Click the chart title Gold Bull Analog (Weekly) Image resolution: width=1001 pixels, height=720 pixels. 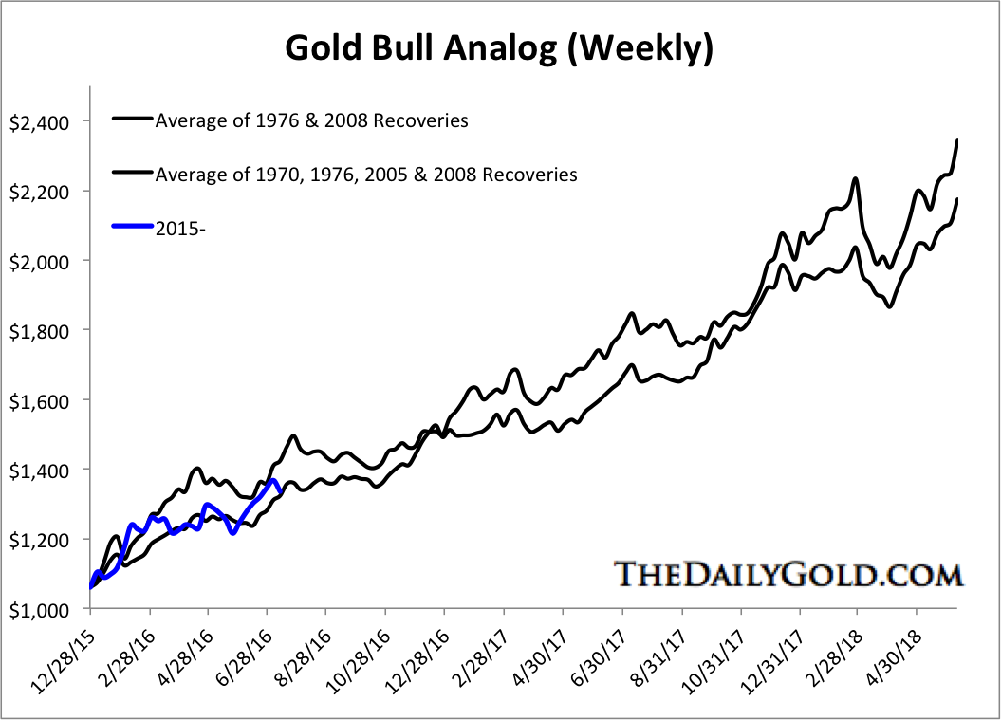tap(499, 47)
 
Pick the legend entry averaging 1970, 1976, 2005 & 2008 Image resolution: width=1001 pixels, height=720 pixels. tap(365, 175)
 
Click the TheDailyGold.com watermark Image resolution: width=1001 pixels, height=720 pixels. tap(788, 574)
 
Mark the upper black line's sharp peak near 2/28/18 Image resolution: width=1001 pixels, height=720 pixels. tap(856, 178)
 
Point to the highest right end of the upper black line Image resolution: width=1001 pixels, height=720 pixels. tap(957, 140)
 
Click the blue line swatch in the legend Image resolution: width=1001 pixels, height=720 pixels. tap(132, 228)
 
